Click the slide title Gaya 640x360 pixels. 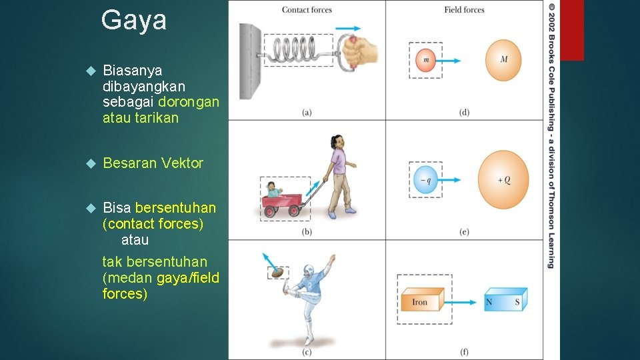click(134, 21)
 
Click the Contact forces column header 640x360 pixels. click(307, 9)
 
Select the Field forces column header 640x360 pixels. click(464, 9)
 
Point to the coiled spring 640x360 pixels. click(297, 51)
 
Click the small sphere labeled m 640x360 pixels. click(425, 60)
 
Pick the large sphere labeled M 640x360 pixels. click(503, 59)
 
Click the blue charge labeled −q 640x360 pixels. click(425, 179)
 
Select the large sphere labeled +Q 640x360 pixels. click(503, 179)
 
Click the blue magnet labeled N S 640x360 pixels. click(505, 301)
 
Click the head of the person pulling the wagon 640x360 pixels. click(337, 142)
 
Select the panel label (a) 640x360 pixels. click(307, 112)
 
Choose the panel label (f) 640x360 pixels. click(464, 351)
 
